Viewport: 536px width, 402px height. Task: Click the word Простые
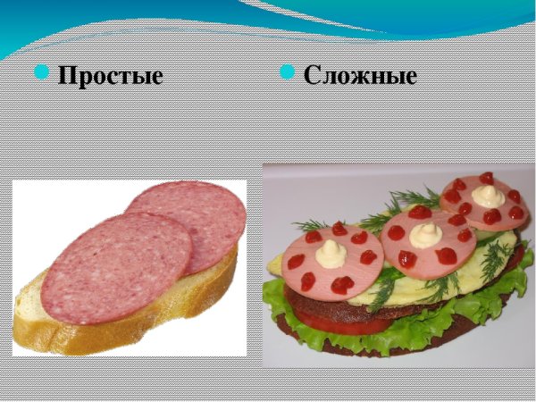pos(110,76)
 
